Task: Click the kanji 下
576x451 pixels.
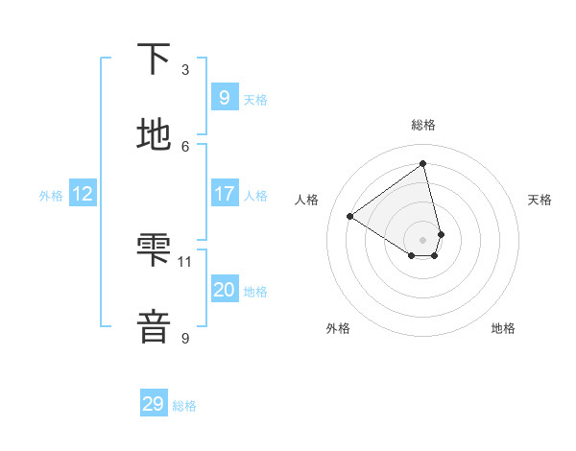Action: [x=154, y=59]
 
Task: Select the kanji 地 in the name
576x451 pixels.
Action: [x=154, y=135]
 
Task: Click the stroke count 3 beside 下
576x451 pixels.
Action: [x=185, y=69]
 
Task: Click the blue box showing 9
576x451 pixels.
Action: [x=224, y=97]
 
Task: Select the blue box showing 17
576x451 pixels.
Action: [x=224, y=194]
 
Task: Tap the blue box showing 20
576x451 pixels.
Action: [x=224, y=290]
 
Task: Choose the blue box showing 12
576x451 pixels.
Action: [x=83, y=194]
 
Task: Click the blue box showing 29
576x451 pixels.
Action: [x=154, y=404]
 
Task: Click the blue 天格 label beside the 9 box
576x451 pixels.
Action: [x=255, y=99]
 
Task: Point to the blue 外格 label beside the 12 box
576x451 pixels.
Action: [x=51, y=195]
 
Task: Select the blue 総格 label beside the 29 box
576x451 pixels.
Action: [x=185, y=406]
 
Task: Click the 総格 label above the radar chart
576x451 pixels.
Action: [x=423, y=125]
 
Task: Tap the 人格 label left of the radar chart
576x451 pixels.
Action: [x=306, y=200]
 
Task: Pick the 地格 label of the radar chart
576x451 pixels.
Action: [x=503, y=328]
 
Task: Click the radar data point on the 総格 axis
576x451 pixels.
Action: [x=423, y=164]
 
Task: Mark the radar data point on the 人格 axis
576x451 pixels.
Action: [x=350, y=217]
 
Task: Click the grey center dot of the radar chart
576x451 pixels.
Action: [x=423, y=239]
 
